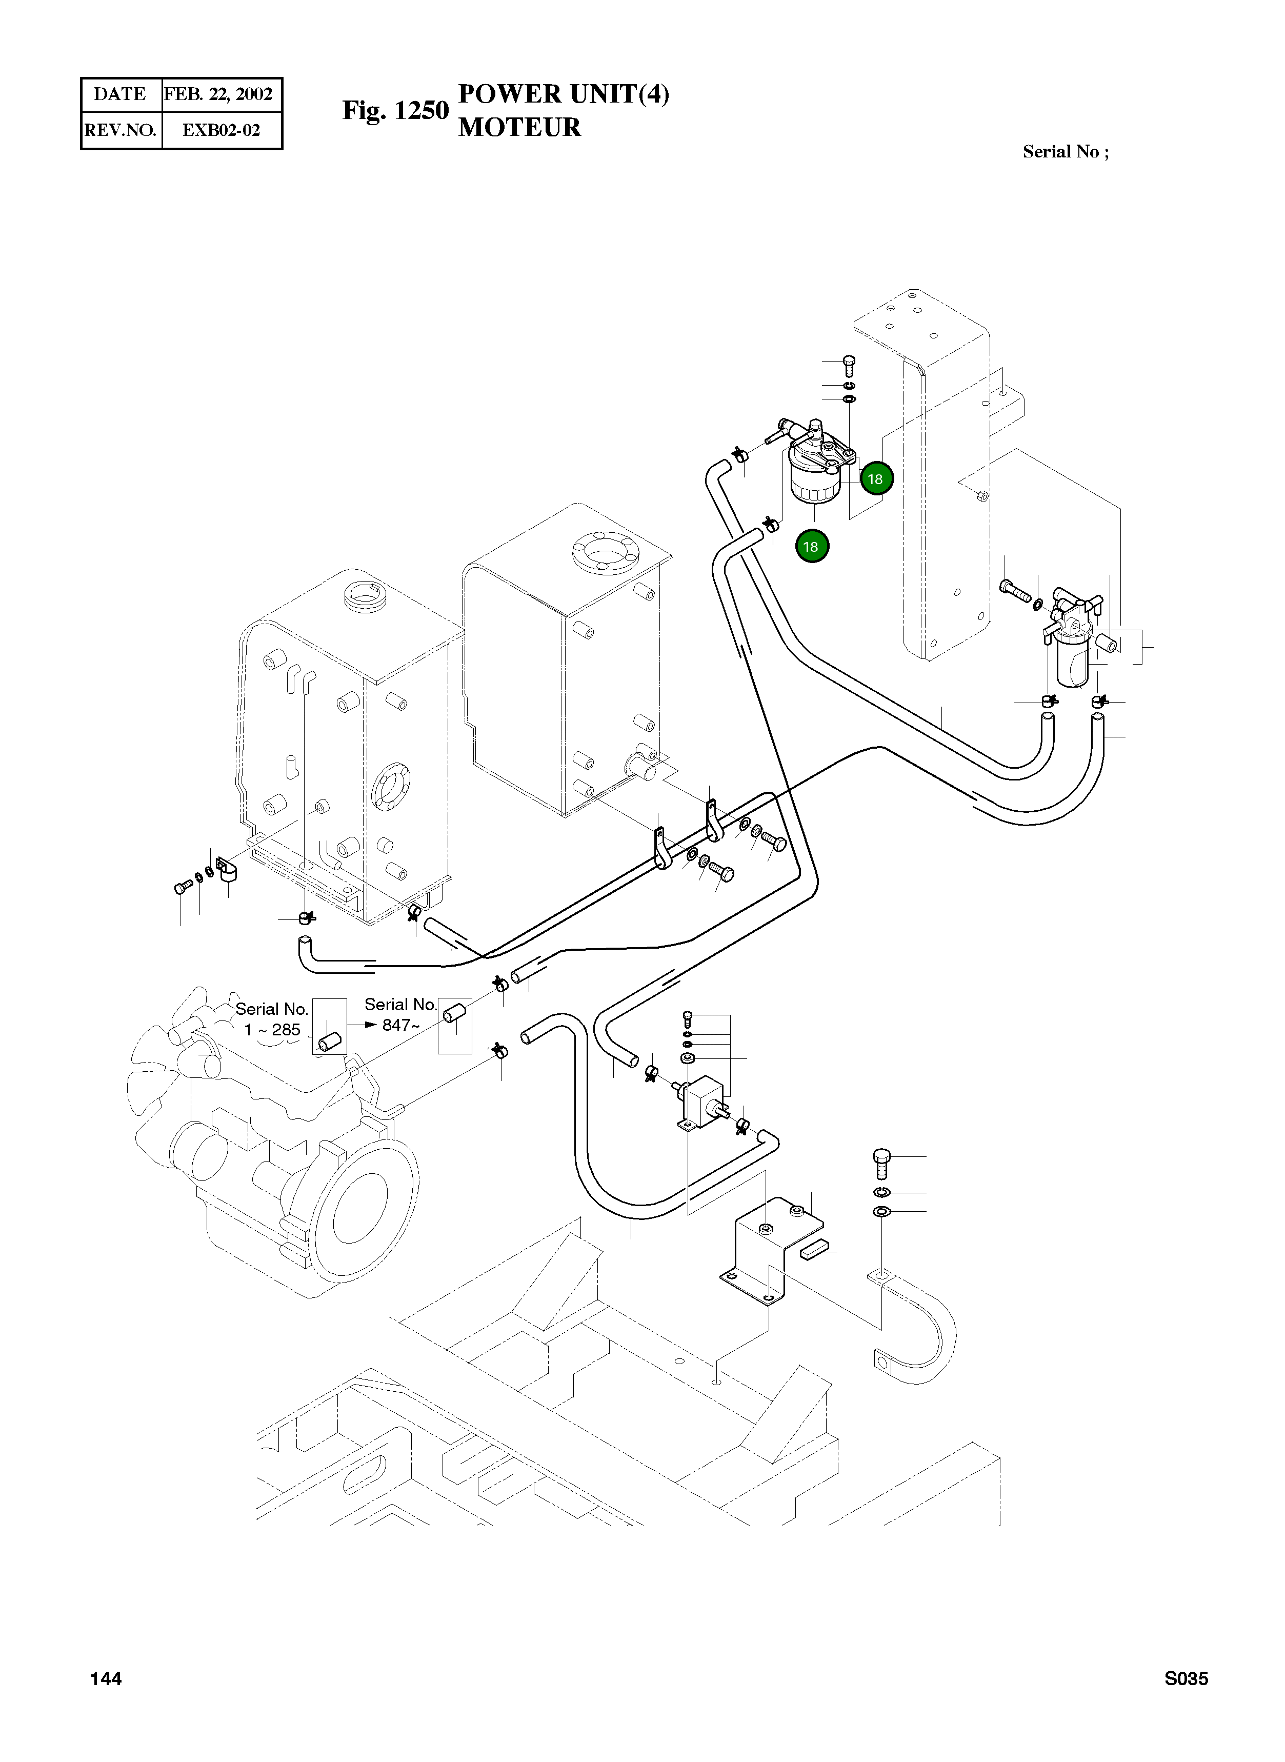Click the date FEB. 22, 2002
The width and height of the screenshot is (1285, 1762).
[x=218, y=94]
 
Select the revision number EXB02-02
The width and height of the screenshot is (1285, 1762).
[x=221, y=130]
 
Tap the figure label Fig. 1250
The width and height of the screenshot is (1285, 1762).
[x=395, y=110]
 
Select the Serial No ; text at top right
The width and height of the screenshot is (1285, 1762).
[x=1066, y=152]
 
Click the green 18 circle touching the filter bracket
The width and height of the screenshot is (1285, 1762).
[x=876, y=478]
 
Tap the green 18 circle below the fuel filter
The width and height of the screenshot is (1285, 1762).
[x=811, y=546]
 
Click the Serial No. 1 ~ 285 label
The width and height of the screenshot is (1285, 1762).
[x=271, y=1019]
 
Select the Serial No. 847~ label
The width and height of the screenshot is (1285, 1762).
[x=400, y=1014]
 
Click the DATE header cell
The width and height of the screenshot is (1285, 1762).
[x=121, y=94]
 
